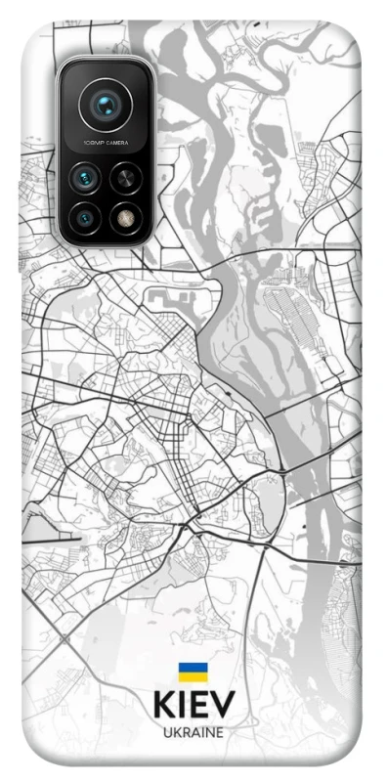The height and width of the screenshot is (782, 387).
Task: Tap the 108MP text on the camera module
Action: click(x=91, y=144)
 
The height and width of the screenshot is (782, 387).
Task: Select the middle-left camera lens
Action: click(x=85, y=178)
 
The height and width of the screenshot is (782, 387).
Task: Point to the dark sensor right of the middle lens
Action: click(x=124, y=178)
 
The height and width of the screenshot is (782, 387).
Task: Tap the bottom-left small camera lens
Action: click(x=85, y=216)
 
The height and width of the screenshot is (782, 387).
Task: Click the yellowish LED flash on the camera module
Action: click(x=124, y=216)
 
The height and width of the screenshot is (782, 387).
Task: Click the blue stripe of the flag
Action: click(x=193, y=668)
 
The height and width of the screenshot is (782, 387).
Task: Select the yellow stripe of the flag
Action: click(x=193, y=677)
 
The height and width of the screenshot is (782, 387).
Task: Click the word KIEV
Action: click(x=193, y=707)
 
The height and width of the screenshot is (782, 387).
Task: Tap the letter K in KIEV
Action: click(x=163, y=707)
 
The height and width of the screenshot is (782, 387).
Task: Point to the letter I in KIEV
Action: click(x=183, y=707)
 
